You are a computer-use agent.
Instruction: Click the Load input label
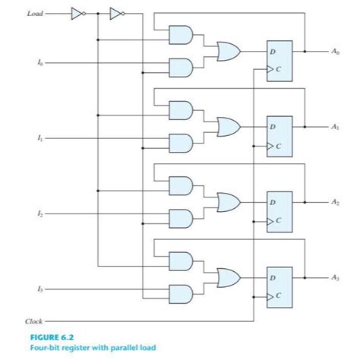[x=35, y=13]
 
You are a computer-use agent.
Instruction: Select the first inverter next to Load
[x=76, y=13]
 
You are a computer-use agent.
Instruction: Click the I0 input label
[x=29, y=67]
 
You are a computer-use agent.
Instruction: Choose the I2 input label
[x=29, y=216]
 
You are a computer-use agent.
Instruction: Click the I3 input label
[x=29, y=290]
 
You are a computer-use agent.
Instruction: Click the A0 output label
[x=335, y=52]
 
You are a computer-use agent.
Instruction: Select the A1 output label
[x=335, y=126]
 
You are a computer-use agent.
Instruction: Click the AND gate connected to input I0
[x=179, y=68]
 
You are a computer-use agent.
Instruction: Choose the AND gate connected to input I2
[x=179, y=217]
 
